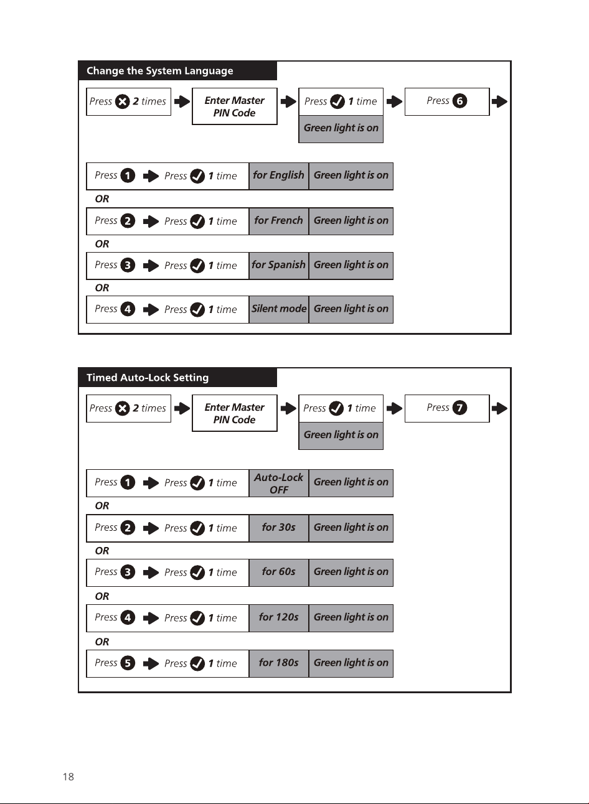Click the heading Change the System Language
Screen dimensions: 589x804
coord(160,71)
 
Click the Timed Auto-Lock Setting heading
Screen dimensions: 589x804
coord(148,378)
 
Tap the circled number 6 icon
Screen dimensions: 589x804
coord(459,101)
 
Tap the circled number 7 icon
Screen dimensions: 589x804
coord(459,408)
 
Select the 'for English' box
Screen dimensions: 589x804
coord(279,176)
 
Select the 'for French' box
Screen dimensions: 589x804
coord(279,221)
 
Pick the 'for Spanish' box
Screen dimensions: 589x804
coord(279,266)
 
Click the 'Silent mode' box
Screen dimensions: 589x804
coord(279,309)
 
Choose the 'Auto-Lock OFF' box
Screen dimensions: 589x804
coord(279,483)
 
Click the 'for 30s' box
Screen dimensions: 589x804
coord(279,528)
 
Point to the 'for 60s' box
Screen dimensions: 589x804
coord(279,573)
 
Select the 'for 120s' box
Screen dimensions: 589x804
coord(279,618)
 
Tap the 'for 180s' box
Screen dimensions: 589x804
coord(279,663)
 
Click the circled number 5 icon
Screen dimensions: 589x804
coord(128,663)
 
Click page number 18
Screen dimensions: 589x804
coord(68,777)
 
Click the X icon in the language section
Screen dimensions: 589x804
coord(123,101)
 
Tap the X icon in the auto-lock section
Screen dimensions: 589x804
coord(123,408)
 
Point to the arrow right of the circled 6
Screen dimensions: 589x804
coord(499,101)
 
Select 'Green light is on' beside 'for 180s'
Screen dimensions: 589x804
coord(351,663)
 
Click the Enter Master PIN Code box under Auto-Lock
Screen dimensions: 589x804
coord(235,413)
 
